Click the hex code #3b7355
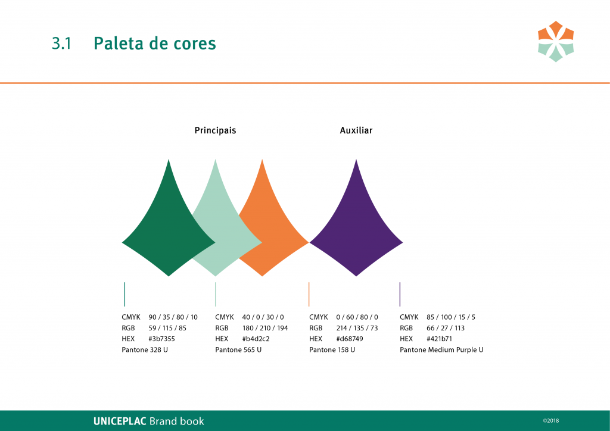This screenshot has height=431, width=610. [x=161, y=339]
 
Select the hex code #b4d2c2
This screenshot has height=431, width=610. [x=256, y=339]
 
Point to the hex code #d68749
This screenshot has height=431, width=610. [x=349, y=339]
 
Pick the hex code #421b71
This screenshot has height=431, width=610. [x=439, y=339]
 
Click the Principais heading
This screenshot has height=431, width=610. [x=215, y=130]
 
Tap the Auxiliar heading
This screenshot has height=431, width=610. [x=356, y=130]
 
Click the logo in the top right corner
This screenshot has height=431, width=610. [x=556, y=41]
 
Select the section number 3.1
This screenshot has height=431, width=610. [x=61, y=43]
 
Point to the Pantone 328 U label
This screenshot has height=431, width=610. [x=145, y=350]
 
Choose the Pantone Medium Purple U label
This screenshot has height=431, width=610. [x=441, y=350]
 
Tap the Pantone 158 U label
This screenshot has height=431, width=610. [x=332, y=350]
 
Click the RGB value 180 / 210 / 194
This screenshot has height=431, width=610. [x=265, y=328]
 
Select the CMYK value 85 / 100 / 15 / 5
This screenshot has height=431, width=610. [x=451, y=317]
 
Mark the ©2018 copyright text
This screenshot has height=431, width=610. [x=551, y=420]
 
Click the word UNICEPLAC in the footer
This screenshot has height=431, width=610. [x=120, y=421]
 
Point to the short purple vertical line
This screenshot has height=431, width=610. [x=400, y=294]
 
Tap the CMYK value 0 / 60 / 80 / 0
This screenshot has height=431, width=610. [x=357, y=317]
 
